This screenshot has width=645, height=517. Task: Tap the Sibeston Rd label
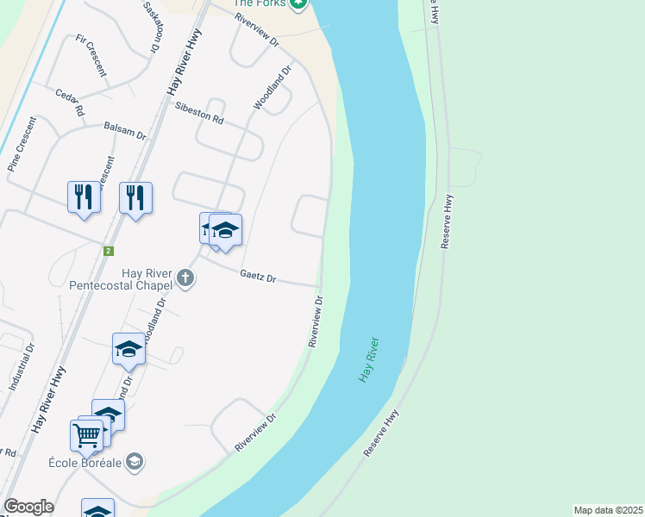198,113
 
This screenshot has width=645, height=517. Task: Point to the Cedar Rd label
69,103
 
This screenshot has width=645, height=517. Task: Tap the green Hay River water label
370,360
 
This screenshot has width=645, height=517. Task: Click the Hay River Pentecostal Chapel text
120,277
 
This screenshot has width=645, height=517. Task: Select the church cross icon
185,277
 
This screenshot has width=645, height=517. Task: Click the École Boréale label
83,461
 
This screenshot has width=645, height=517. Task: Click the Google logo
28,507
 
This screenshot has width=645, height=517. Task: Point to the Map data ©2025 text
608,510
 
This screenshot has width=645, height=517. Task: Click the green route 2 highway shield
108,251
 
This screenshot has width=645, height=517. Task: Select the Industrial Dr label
22,369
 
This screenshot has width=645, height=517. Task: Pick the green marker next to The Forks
297,3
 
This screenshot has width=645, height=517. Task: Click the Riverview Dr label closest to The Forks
258,29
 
